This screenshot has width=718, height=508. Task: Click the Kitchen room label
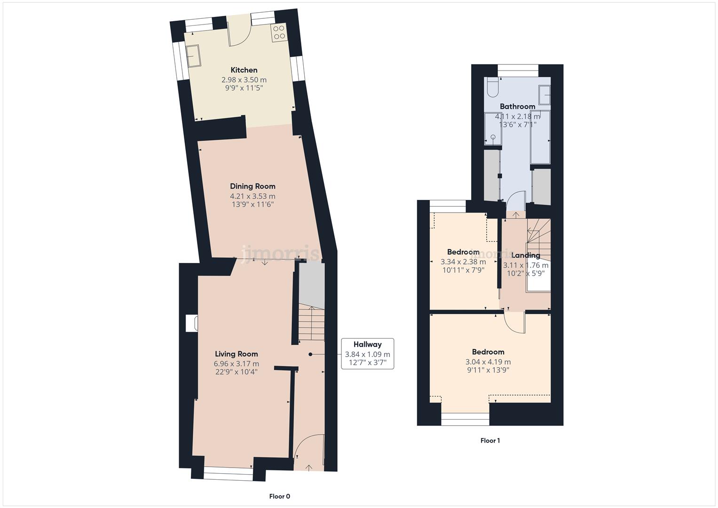pyautogui.click(x=244, y=70)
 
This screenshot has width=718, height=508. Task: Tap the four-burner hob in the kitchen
pyautogui.click(x=278, y=32)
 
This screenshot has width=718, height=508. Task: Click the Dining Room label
pyautogui.click(x=252, y=186)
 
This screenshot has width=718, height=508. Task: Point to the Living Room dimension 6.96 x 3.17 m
pyautogui.click(x=236, y=364)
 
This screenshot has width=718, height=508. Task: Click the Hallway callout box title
pyautogui.click(x=367, y=344)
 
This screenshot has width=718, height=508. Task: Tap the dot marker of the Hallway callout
pyautogui.click(x=310, y=354)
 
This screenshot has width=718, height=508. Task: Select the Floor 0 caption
pyautogui.click(x=279, y=496)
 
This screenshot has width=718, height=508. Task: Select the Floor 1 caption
pyautogui.click(x=490, y=441)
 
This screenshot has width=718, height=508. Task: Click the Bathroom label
pyautogui.click(x=517, y=106)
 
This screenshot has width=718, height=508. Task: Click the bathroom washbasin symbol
pyautogui.click(x=544, y=94)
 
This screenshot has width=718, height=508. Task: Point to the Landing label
pyautogui.click(x=526, y=255)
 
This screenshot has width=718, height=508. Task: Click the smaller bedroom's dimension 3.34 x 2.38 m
pyautogui.click(x=463, y=262)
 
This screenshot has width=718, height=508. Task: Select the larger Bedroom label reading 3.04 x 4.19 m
pyautogui.click(x=488, y=352)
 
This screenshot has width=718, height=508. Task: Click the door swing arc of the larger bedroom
pyautogui.click(x=515, y=324)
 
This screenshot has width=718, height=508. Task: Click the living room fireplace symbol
pyautogui.click(x=191, y=324)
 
